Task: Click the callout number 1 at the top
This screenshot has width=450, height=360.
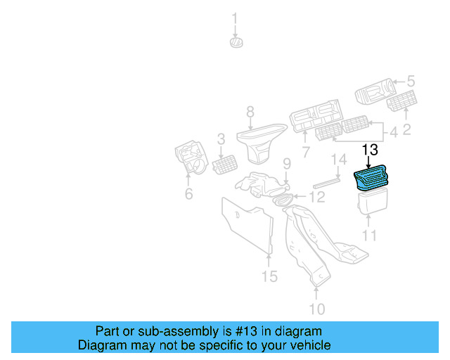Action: [236, 18]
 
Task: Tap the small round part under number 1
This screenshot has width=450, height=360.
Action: [236, 43]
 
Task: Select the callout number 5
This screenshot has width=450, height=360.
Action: [411, 82]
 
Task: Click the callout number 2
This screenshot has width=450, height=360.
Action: [406, 128]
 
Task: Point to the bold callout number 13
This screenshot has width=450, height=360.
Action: [370, 150]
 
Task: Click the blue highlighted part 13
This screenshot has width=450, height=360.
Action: [372, 179]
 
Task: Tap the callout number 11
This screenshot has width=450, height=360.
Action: [370, 236]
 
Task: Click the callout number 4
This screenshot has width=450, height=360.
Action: [393, 131]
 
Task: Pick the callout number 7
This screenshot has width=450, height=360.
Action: [306, 152]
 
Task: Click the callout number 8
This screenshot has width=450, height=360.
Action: [250, 111]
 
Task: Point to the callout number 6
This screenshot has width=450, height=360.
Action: [188, 193]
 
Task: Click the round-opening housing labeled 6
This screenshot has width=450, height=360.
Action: [190, 158]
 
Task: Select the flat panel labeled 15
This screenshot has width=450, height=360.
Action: [248, 224]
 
